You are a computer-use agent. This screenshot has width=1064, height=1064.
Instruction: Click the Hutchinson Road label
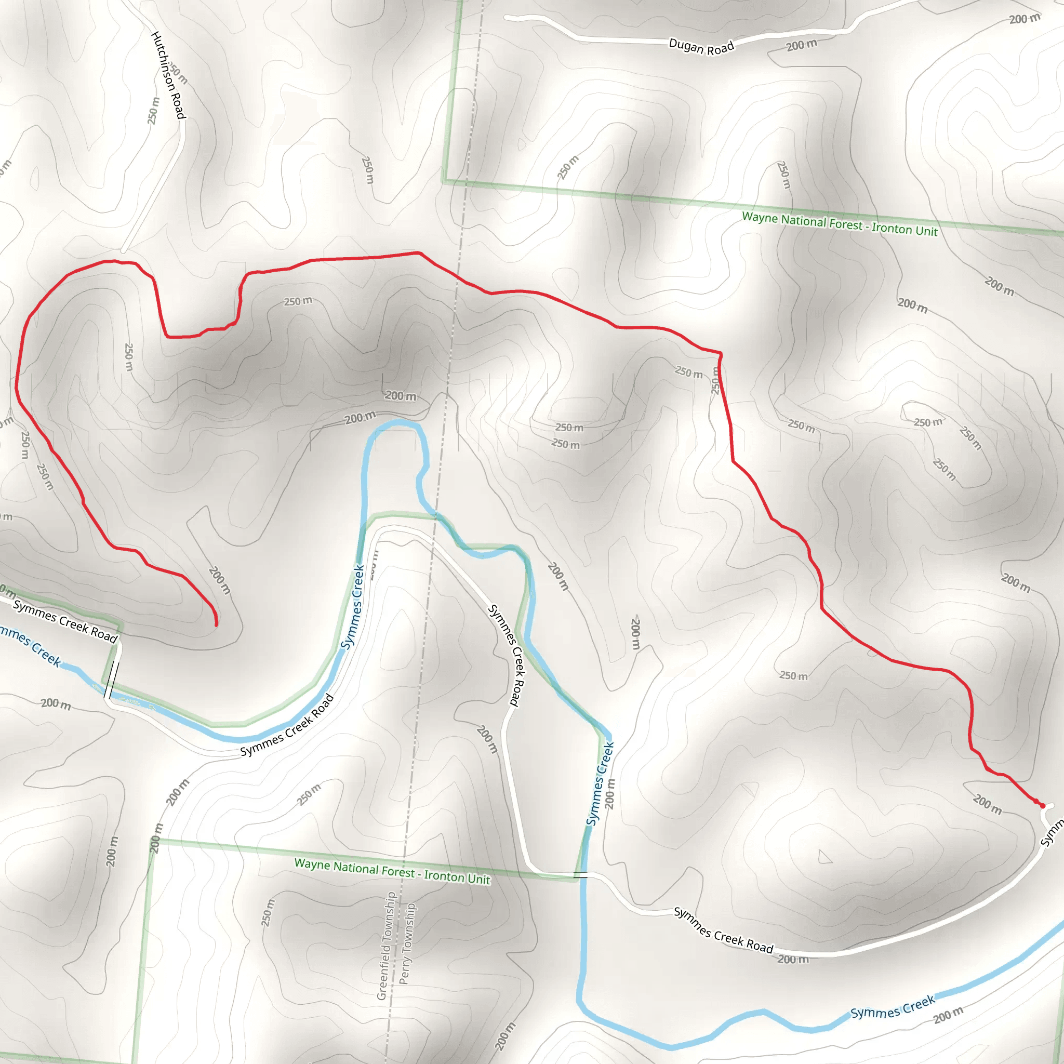[168, 75]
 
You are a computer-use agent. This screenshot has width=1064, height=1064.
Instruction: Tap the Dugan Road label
[701, 47]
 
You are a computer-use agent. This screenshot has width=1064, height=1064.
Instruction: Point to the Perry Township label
[407, 943]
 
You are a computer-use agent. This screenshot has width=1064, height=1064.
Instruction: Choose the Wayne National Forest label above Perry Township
[392, 871]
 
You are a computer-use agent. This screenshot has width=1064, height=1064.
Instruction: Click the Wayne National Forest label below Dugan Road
[840, 223]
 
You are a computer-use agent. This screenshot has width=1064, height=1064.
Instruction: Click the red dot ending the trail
[1042, 806]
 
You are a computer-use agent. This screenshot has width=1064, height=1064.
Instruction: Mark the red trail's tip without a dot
[217, 624]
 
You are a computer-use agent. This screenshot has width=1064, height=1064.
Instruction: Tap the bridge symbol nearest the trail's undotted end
[112, 681]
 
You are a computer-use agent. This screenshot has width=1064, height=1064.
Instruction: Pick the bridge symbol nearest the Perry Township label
[580, 874]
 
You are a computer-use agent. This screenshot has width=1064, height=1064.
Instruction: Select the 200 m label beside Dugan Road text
[801, 45]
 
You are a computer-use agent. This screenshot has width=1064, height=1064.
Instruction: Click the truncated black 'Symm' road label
[1052, 833]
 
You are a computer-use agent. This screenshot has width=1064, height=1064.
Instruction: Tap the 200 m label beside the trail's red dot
[987, 804]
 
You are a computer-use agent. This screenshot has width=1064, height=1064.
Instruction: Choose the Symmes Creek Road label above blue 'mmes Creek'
[65, 621]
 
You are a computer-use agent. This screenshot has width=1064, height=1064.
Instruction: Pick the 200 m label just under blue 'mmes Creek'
[56, 704]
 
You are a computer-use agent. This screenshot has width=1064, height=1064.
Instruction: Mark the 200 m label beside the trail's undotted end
[220, 580]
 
